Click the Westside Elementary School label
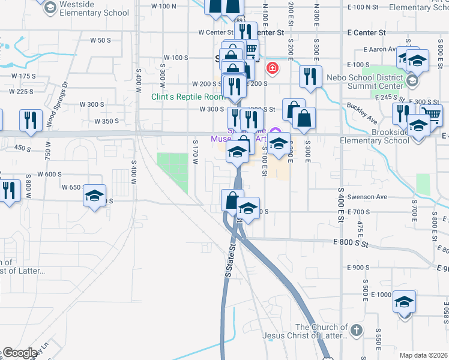[95, 8]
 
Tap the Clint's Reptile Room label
[187, 97]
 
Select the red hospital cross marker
[273, 68]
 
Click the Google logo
[20, 353]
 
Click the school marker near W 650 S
[94, 196]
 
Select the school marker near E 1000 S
[405, 301]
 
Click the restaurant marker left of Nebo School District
[310, 76]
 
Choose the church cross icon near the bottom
[356, 331]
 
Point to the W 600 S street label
[50, 175]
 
